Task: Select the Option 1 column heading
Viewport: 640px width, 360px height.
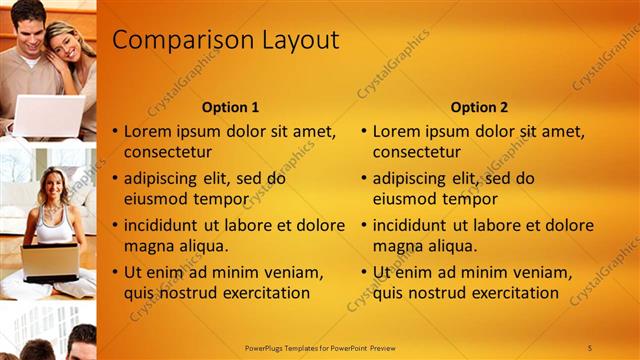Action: [230, 107]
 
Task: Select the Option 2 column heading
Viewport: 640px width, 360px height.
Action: [479, 107]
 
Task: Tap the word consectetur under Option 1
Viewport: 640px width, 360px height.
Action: [167, 152]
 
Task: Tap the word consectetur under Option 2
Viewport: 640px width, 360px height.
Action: [417, 152]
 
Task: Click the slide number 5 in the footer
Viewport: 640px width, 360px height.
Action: [589, 348]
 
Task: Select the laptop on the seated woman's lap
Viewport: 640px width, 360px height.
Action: [49, 260]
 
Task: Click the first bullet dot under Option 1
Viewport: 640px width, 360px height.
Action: [115, 131]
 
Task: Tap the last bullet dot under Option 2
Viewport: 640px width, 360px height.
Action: [364, 272]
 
